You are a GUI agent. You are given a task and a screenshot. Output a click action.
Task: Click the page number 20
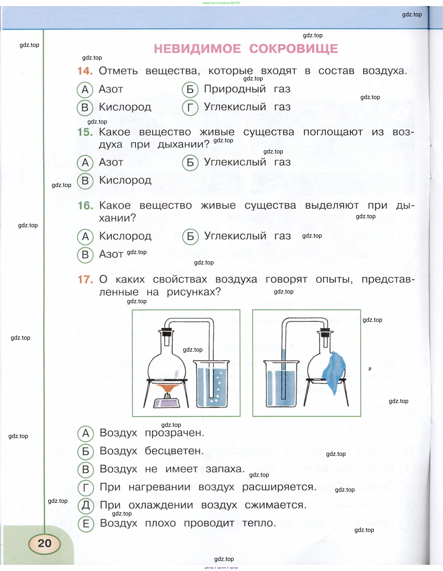45,543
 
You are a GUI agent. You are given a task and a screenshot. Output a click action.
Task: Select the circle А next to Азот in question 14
85,89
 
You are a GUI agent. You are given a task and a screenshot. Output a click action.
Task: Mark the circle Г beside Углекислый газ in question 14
190,107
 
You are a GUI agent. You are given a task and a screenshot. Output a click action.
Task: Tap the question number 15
85,132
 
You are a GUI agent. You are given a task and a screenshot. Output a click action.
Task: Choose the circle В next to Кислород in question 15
85,181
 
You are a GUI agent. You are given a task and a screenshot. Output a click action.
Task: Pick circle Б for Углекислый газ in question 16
190,236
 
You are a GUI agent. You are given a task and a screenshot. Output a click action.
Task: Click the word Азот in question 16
111,254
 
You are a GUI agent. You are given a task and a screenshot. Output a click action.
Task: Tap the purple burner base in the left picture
166,403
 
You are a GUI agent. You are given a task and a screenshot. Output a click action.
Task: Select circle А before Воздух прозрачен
86,433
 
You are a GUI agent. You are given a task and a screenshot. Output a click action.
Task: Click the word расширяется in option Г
279,487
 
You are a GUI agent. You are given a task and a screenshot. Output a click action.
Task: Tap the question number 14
85,71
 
